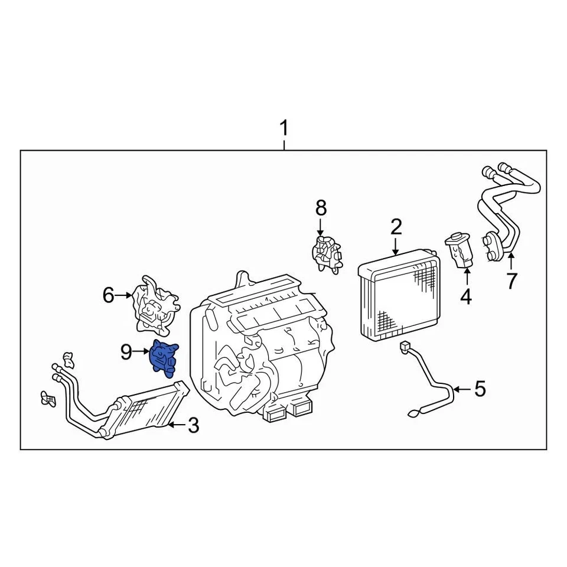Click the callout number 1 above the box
284,128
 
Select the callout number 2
396,227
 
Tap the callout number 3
194,425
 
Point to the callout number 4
466,296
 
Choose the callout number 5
480,389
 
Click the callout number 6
108,295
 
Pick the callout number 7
511,281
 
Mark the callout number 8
321,208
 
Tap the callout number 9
126,352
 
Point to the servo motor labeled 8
327,253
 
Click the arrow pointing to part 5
462,389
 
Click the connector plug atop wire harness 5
405,347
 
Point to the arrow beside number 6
125,295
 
